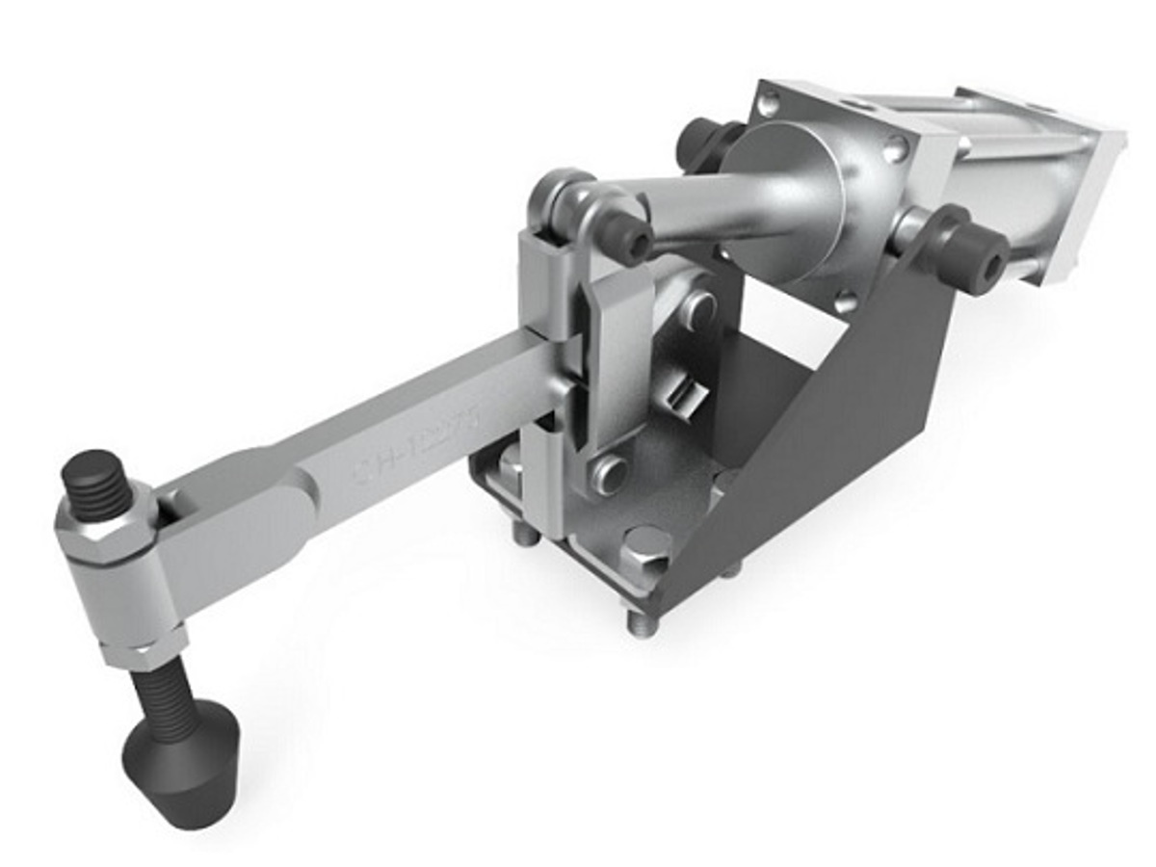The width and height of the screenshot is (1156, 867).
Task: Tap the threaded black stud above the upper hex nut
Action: click(x=97, y=483)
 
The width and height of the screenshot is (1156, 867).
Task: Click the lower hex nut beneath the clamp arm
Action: click(x=144, y=650)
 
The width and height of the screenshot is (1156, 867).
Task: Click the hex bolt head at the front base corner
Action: click(x=646, y=550)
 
